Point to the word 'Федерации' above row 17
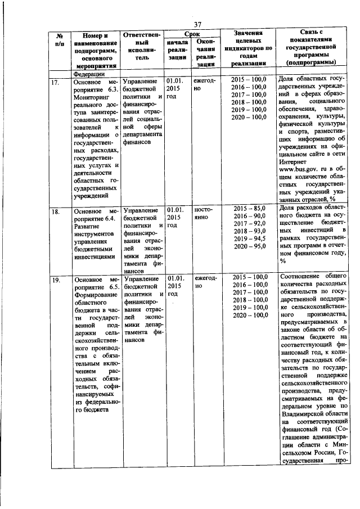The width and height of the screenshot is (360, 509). pyautogui.click(x=89, y=73)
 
